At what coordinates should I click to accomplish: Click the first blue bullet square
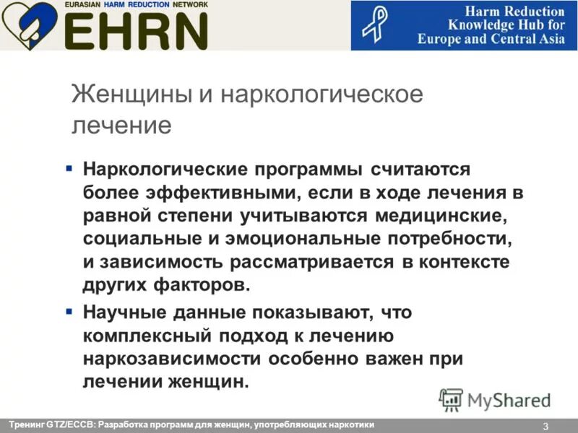[69, 168]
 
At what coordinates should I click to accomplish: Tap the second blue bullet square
[69, 312]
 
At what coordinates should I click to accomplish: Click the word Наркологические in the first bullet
[163, 170]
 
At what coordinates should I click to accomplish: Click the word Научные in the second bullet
[125, 314]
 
